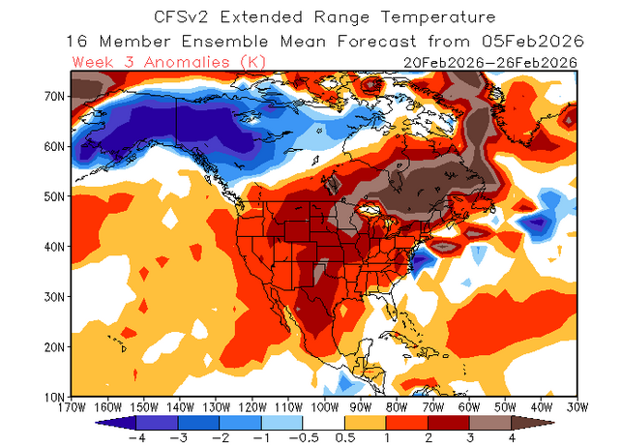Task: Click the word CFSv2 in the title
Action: click(x=181, y=17)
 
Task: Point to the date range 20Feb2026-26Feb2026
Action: click(x=490, y=62)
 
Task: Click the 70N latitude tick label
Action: click(x=54, y=96)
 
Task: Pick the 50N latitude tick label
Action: click(x=54, y=195)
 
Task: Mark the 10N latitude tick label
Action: click(x=54, y=397)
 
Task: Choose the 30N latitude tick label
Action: click(x=54, y=296)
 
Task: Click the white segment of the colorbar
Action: click(x=322, y=422)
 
